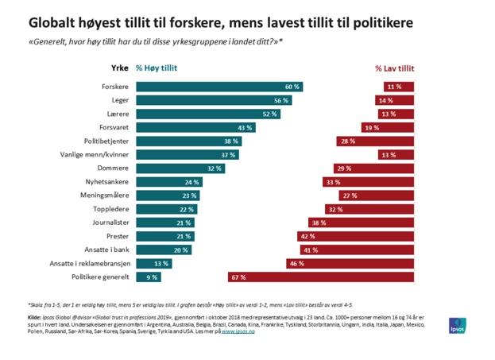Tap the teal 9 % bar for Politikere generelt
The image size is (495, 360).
[149, 277]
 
